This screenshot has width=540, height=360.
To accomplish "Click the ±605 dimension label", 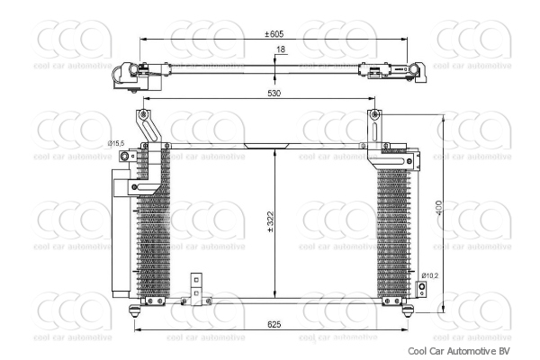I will [x=274, y=33].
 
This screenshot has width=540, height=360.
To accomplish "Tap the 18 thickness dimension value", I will [x=281, y=49].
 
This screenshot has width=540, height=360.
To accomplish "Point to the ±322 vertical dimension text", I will [x=269, y=223].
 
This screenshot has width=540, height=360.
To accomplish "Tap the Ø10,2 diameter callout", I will [x=429, y=274].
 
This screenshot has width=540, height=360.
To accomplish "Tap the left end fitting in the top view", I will [x=129, y=74].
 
